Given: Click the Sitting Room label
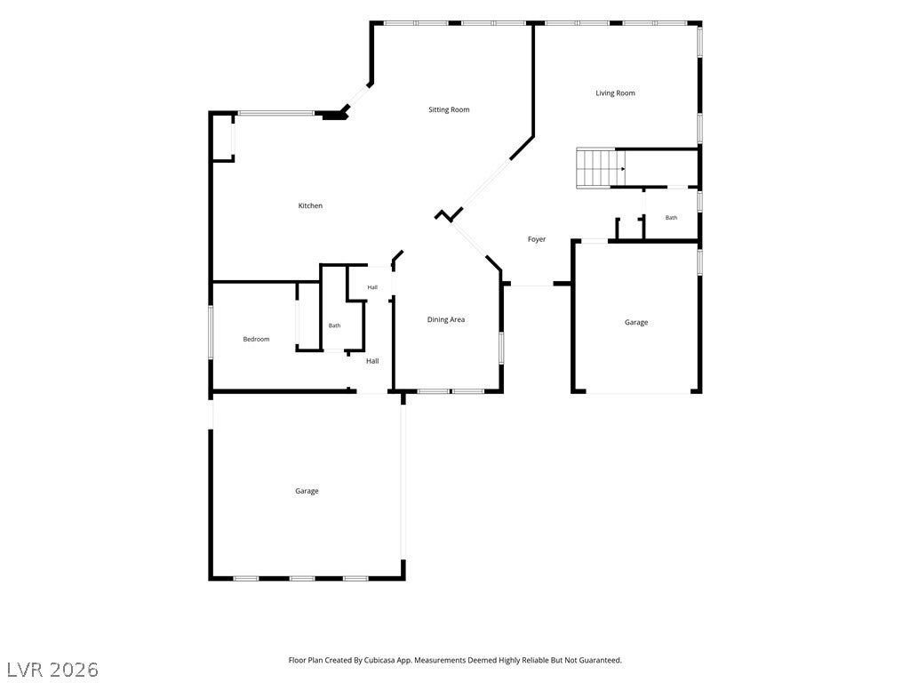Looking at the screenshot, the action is click(x=449, y=109).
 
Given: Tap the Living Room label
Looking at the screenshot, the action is click(x=615, y=92).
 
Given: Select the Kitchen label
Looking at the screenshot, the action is click(x=310, y=205).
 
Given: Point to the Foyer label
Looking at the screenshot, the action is click(x=536, y=239).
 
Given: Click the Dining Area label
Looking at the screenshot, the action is click(x=446, y=319).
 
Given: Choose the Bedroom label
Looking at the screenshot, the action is click(x=256, y=339).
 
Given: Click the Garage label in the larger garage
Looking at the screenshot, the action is click(x=307, y=491).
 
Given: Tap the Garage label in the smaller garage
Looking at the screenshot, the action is click(x=636, y=322).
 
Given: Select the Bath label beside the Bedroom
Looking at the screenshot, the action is click(x=335, y=325).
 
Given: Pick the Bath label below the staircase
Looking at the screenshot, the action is click(x=671, y=218).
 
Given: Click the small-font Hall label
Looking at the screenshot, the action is click(x=372, y=287).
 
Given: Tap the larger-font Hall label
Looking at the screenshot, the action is click(x=372, y=361).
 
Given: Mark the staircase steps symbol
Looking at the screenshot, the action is click(x=596, y=168).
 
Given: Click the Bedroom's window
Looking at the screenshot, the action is click(x=211, y=333).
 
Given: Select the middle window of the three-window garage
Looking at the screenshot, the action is click(x=302, y=578).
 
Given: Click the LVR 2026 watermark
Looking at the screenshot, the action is click(x=52, y=670).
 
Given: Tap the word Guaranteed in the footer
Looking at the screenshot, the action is click(x=602, y=661).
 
